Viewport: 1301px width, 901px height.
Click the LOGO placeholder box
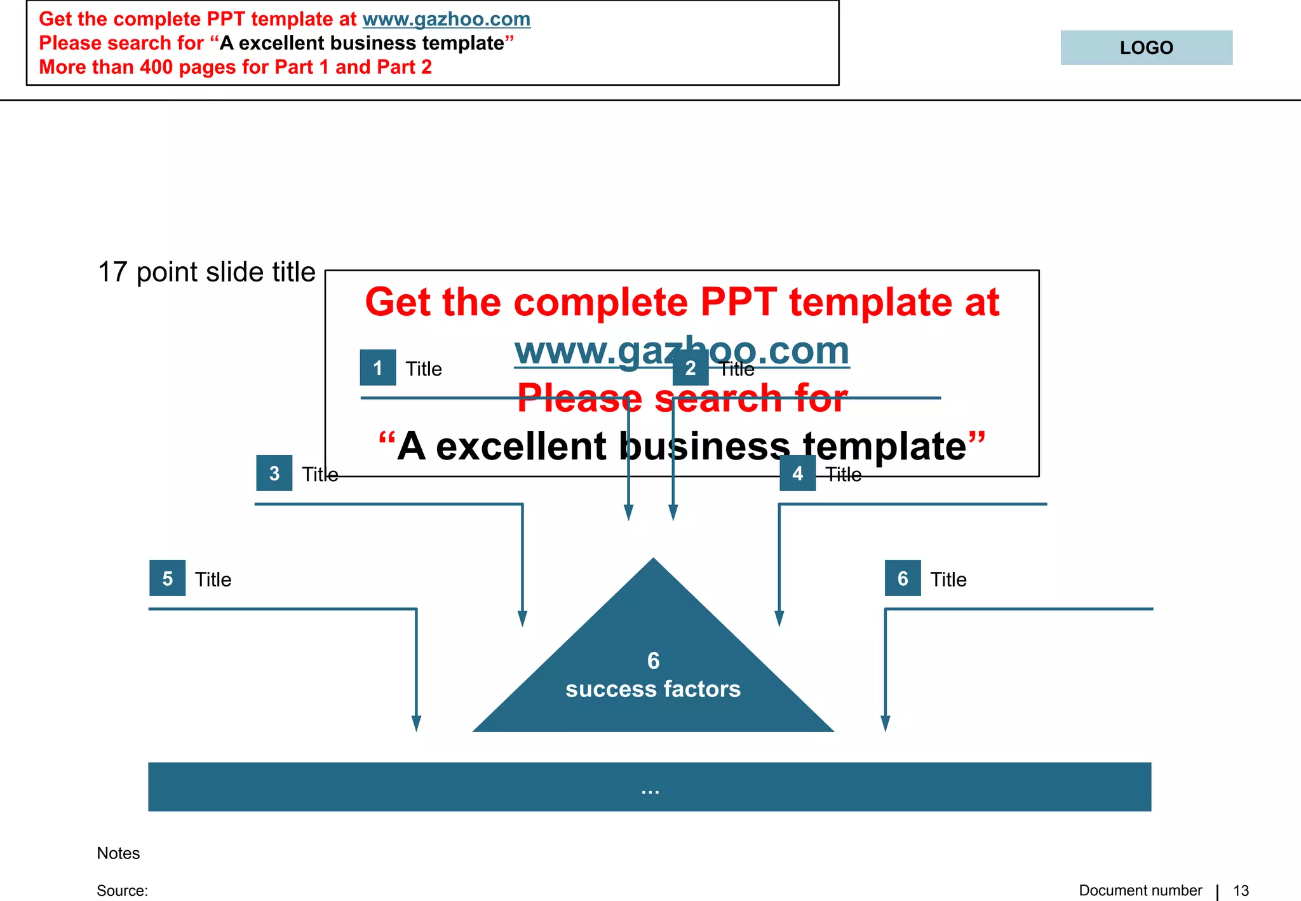(x=1146, y=48)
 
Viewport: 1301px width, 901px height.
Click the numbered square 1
(x=378, y=368)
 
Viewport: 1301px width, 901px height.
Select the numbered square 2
(x=691, y=368)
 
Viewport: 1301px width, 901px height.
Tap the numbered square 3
(x=274, y=473)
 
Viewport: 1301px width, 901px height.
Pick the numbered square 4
(x=798, y=473)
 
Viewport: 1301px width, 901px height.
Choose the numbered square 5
(x=168, y=578)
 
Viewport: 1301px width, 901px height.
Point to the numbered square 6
(x=903, y=578)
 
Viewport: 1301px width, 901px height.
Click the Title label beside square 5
(x=213, y=579)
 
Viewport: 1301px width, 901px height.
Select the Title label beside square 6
(x=948, y=579)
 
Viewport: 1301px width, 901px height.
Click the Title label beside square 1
(x=424, y=369)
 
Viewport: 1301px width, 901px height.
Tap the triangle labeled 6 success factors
(x=653, y=674)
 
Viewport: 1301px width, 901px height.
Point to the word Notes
(x=118, y=853)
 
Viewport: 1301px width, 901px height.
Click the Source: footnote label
(x=122, y=891)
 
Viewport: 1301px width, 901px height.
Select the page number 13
(x=1241, y=891)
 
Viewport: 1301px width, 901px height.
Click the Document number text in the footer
(x=1140, y=891)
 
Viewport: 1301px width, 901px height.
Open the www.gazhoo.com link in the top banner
(x=446, y=19)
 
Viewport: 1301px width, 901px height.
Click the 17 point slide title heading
(x=206, y=272)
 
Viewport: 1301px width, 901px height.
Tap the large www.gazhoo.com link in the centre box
(x=682, y=351)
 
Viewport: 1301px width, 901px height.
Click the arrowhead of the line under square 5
(x=416, y=724)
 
